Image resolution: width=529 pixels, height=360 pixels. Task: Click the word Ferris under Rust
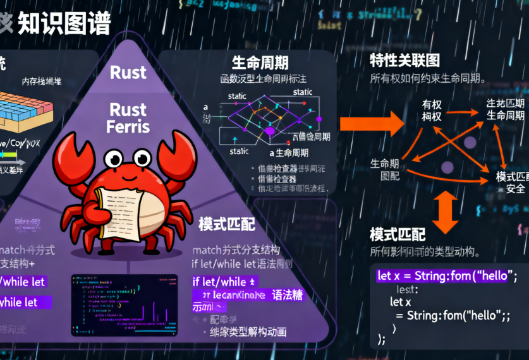coord(128,127)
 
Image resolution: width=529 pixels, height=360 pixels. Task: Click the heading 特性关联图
coord(404,61)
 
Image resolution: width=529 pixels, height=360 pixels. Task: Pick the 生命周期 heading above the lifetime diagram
coord(260,63)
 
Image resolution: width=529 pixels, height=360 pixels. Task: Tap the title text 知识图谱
coord(63,23)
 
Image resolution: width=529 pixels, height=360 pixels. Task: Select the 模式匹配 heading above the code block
coord(398,235)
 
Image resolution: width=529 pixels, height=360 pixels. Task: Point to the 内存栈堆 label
coord(42,81)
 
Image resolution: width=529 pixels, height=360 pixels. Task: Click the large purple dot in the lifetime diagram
coord(268,131)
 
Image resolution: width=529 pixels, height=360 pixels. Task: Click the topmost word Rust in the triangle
coord(128,73)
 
